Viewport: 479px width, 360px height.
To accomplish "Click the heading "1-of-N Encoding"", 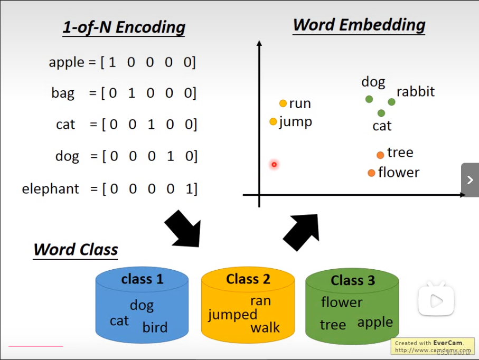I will (124, 27).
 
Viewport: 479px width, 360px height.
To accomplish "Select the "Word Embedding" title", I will (359, 25).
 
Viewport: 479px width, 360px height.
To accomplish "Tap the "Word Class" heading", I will (76, 249).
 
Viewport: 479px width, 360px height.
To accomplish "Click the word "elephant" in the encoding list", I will (51, 188).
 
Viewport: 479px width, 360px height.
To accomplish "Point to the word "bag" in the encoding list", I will (63, 93).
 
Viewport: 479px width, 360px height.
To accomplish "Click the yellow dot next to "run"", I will (283, 103).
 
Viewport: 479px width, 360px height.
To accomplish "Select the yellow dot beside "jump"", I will (273, 122).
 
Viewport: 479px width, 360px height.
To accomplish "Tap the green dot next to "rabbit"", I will (391, 102).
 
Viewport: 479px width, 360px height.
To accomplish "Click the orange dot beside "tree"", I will (380, 155).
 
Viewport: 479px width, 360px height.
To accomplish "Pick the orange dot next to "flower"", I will (371, 173).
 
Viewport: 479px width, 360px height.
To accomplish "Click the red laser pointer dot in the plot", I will (274, 165).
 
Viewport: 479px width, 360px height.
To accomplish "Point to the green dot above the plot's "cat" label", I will (381, 113).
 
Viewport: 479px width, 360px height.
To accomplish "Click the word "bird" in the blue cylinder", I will (155, 327).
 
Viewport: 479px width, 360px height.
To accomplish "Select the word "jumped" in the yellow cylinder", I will (232, 315).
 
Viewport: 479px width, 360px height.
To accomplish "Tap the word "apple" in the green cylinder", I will (375, 323).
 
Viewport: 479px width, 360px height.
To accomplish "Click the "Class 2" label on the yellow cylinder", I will (248, 279).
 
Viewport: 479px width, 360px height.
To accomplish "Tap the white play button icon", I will (436, 300).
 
